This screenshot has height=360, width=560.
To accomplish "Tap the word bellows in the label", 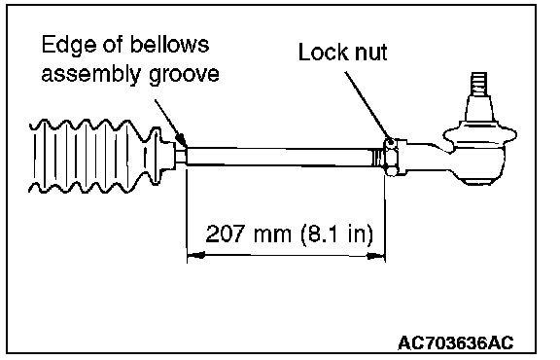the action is coord(169,44).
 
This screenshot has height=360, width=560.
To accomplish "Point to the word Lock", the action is coord(323,53).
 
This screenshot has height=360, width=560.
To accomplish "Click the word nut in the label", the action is coord(371,54).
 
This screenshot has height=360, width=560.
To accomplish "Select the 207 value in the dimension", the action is coord(226,234).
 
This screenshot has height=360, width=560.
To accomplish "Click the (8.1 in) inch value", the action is coord(336,234).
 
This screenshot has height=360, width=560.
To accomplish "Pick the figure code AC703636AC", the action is coord(456,343).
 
